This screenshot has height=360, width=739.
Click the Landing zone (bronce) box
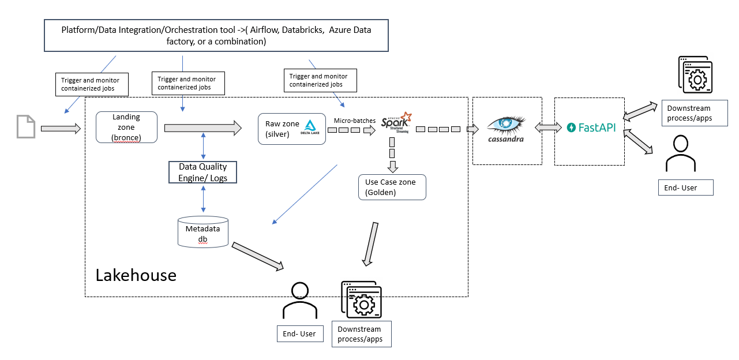pyautogui.click(x=126, y=127)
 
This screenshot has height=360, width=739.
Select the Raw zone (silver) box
pyautogui.click(x=291, y=128)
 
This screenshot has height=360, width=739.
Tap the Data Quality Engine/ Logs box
pyautogui.click(x=202, y=172)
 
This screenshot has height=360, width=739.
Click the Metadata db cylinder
pyautogui.click(x=202, y=232)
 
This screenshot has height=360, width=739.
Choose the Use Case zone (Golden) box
pyautogui.click(x=392, y=187)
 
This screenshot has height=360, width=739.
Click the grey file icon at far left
pyautogui.click(x=25, y=126)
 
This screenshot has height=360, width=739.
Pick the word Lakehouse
pyautogui.click(x=136, y=275)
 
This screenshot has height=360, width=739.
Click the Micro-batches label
pyautogui.click(x=355, y=121)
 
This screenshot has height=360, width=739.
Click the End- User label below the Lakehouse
pyautogui.click(x=299, y=333)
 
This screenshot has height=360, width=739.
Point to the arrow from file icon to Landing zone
pyautogui.click(x=61, y=128)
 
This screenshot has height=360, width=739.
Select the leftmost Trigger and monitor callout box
pyautogui.click(x=92, y=84)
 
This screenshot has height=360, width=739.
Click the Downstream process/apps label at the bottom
pyautogui.click(x=361, y=334)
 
